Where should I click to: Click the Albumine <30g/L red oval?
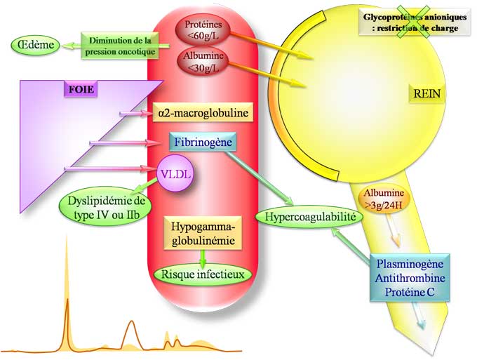point(202,61)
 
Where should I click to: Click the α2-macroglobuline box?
point(203,112)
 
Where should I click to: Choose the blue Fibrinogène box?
point(203,142)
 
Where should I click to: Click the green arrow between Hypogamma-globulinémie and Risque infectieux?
point(203,257)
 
